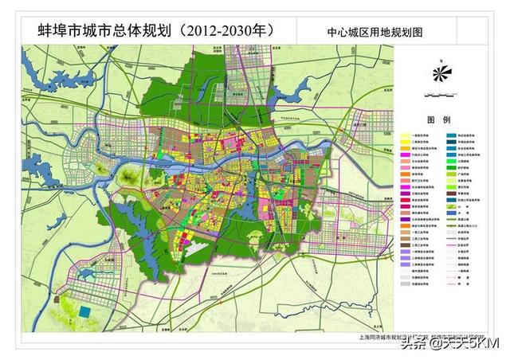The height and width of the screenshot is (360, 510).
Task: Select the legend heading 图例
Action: (x=440, y=119)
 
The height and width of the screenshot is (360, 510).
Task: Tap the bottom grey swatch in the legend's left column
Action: (x=406, y=283)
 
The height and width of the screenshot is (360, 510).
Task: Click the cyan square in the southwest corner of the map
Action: (x=84, y=311)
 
